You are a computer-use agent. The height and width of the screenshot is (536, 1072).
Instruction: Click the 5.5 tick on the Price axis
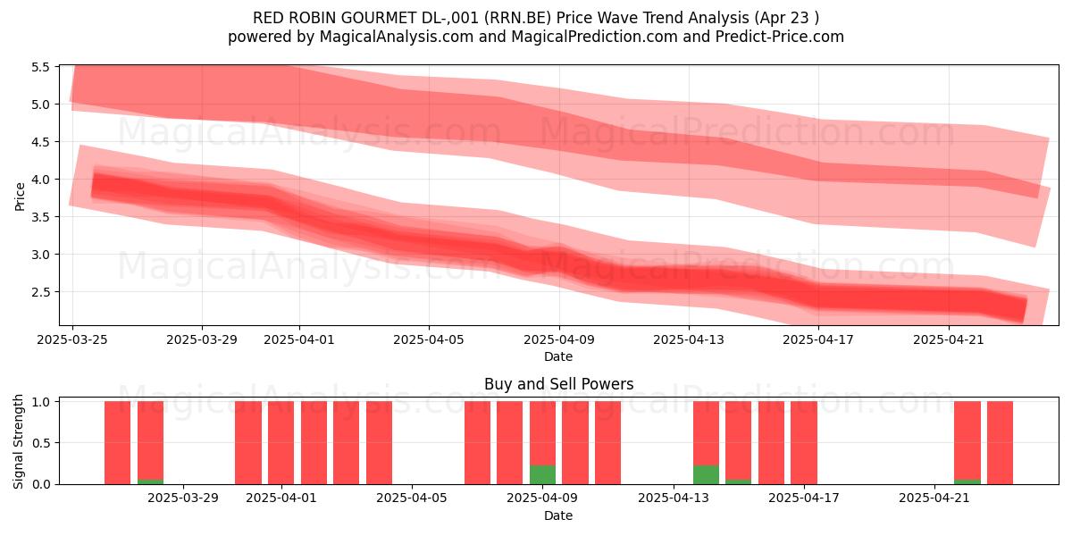pyautogui.click(x=40, y=67)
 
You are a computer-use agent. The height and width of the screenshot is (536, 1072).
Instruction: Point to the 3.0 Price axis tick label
pyautogui.click(x=40, y=254)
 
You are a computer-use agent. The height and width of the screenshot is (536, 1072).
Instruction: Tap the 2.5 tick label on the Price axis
pyautogui.click(x=40, y=292)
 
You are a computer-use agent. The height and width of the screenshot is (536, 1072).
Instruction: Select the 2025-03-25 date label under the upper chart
pyautogui.click(x=72, y=339)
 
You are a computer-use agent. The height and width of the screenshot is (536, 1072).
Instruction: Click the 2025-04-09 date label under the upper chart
pyautogui.click(x=559, y=339)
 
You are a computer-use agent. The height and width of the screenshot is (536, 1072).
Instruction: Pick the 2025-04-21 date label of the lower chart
pyautogui.click(x=934, y=498)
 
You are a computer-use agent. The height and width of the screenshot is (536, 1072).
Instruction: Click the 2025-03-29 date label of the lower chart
pyautogui.click(x=183, y=498)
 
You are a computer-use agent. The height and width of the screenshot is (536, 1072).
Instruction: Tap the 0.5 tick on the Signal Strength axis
pyautogui.click(x=40, y=443)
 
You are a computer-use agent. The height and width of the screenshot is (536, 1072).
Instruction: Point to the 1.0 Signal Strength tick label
pyautogui.click(x=40, y=402)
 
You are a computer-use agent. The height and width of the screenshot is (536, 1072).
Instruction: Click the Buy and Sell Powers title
pyautogui.click(x=559, y=384)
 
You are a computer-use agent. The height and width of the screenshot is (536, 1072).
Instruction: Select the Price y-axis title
pyautogui.click(x=20, y=197)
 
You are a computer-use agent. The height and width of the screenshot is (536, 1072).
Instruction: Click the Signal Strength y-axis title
pyautogui.click(x=18, y=441)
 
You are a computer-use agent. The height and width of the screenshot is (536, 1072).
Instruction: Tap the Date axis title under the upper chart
pyautogui.click(x=558, y=356)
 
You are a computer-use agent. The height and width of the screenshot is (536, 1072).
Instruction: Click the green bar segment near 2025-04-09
pyautogui.click(x=543, y=474)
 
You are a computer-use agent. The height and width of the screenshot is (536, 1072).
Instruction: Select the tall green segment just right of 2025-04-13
pyautogui.click(x=706, y=474)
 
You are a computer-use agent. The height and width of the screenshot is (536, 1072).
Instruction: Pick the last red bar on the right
pyautogui.click(x=1001, y=443)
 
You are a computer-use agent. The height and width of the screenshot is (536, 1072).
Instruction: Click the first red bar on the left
pyautogui.click(x=117, y=443)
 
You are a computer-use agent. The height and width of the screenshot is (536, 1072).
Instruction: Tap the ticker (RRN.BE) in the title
pyautogui.click(x=517, y=18)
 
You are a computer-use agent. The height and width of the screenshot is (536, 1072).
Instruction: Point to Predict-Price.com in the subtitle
pyautogui.click(x=780, y=37)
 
